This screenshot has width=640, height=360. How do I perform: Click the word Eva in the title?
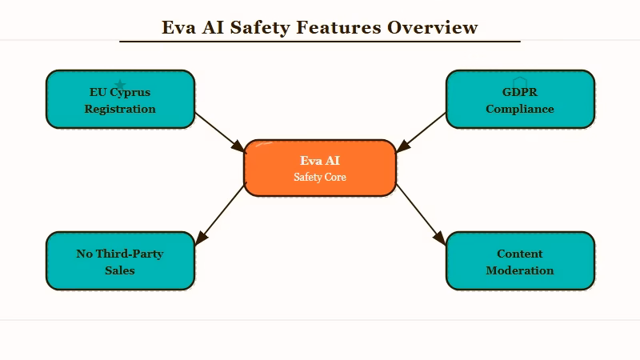click(x=178, y=27)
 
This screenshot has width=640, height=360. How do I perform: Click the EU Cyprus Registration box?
click(x=120, y=99)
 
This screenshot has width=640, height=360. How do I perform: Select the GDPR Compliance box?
click(x=520, y=99)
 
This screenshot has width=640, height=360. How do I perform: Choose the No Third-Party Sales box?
click(x=120, y=261)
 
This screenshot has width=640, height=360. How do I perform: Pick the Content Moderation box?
click(x=520, y=261)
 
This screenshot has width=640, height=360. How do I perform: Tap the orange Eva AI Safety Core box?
click(x=320, y=168)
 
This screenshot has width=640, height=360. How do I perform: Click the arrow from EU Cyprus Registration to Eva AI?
click(x=219, y=132)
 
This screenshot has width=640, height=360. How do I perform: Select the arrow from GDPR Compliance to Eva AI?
click(x=422, y=132)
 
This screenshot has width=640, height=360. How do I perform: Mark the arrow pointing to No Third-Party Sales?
click(x=220, y=214)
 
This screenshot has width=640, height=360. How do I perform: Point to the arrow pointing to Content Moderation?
click(x=421, y=214)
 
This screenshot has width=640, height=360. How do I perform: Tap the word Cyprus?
click(x=130, y=92)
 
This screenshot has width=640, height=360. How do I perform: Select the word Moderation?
click(x=520, y=270)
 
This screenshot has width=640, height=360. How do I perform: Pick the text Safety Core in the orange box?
click(x=320, y=177)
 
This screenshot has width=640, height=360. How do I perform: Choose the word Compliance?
click(x=520, y=109)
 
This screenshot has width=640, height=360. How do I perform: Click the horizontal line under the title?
click(x=320, y=41)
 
